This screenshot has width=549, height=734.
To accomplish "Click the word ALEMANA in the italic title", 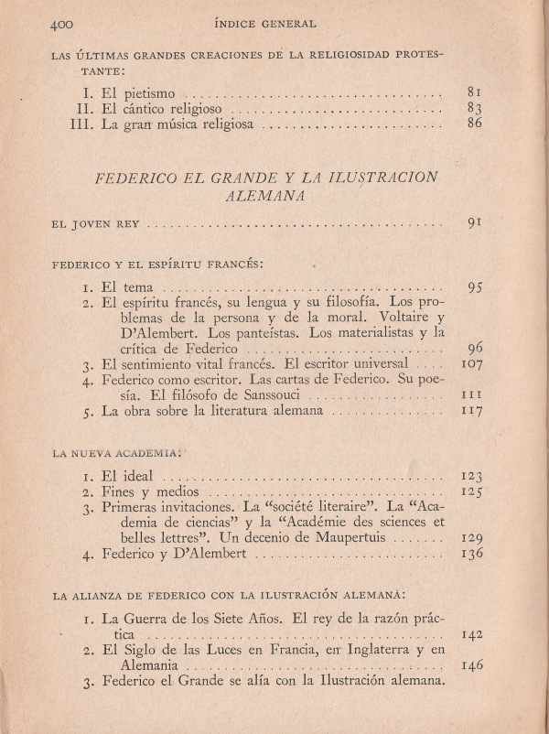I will pyautogui.click(x=266, y=195).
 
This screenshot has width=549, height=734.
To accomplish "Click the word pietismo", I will pyautogui.click(x=149, y=92).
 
